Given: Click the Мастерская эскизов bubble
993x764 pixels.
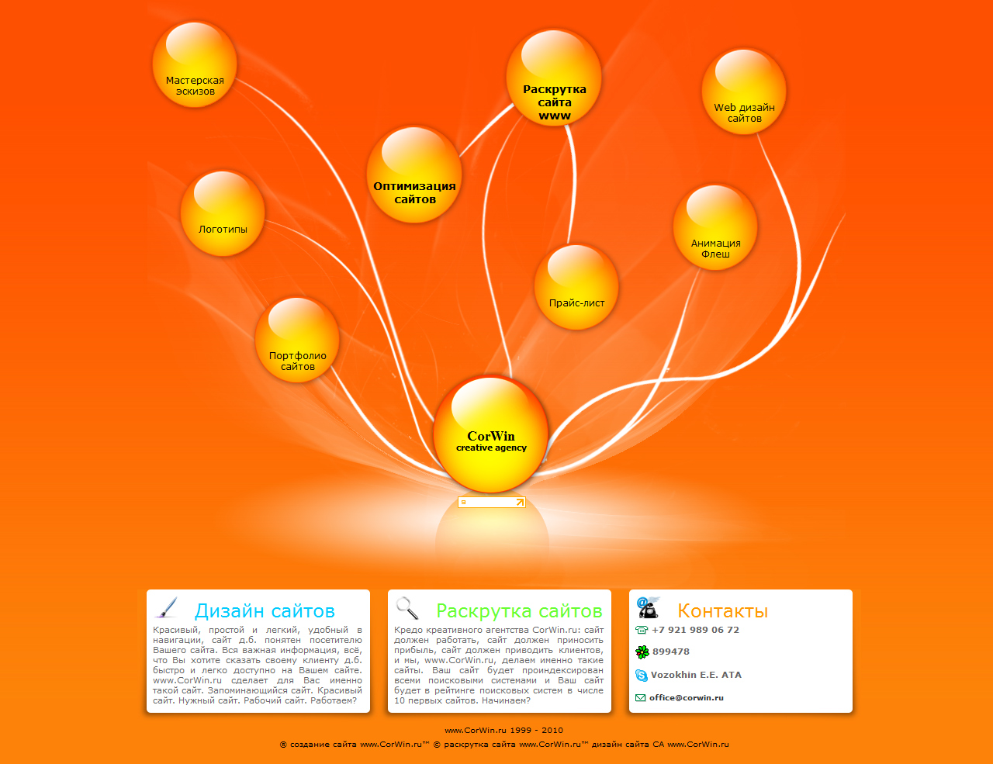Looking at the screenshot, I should pos(195,65).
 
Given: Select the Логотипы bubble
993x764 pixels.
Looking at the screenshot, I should pos(223,214).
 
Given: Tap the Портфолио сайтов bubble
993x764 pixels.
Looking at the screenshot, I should pos(297,341).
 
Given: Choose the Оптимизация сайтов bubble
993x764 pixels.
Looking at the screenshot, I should pos(414,175).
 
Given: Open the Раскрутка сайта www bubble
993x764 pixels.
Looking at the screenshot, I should pos(554,78).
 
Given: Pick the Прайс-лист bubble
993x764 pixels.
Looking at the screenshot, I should pos(576,287).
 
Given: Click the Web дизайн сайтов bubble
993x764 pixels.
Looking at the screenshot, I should pos(744,92).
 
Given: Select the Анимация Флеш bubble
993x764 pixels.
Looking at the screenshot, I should pos(715,227).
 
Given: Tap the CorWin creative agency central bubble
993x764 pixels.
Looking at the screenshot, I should pos(491,435).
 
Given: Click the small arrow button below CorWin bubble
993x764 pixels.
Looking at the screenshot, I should pos(520,503).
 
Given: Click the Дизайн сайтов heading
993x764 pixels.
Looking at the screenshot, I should pos(265,611).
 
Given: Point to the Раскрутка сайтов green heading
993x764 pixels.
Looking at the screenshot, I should pos(519,611).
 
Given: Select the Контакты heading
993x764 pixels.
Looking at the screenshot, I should pos(722,611).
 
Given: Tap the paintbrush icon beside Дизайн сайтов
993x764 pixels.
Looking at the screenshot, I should pos(166,607).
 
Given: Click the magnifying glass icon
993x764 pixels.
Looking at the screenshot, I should pos(407,607).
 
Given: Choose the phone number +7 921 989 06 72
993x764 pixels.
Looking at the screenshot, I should pos(695,630).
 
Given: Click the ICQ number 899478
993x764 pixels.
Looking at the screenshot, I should pos(670,652).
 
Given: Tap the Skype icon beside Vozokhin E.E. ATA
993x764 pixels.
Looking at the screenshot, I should pos(642,676).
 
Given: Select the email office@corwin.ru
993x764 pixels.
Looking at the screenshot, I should pos(686,697).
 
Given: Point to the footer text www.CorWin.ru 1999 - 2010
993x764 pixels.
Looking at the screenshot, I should pos(503,730).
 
